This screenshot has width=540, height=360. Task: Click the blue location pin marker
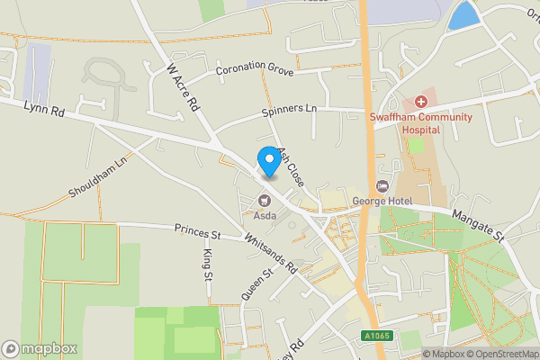(267, 161)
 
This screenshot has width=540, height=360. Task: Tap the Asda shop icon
(265, 201)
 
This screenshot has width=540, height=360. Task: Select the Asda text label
(265, 216)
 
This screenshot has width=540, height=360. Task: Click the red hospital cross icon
(420, 103)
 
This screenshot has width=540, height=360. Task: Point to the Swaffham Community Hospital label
(419, 123)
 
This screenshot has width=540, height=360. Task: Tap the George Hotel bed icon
(382, 185)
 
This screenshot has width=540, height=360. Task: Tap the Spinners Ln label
(290, 110)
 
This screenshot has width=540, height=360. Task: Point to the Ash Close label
(291, 167)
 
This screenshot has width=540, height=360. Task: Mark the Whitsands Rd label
(271, 255)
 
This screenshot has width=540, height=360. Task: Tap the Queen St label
(256, 283)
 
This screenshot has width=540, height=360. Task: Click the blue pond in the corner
(463, 16)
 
